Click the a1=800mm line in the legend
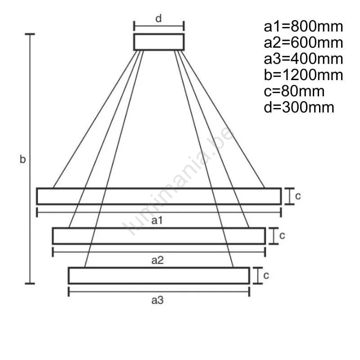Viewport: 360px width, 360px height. coord(303,27)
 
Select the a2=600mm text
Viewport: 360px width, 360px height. coord(303,43)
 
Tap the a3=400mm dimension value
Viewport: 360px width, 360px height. coord(303,59)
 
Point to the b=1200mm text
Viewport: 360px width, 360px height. coord(303,75)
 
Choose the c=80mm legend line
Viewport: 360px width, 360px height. coord(294,91)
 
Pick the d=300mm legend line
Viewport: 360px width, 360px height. coord(299,108)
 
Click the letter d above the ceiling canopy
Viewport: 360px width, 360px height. coord(158,18)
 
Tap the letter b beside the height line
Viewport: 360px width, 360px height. coord(22,159)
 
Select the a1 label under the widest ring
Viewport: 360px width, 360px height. coord(157,220)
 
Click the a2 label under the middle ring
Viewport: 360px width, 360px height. coord(157,261)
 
